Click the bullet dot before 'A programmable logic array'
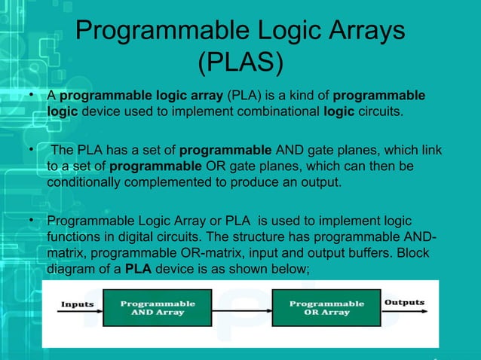coord(31,96)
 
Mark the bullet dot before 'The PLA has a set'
coord(31,148)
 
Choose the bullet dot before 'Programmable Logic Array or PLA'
coord(31,221)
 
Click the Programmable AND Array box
coord(158,309)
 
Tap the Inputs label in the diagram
coord(77,304)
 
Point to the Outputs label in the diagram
coord(404,303)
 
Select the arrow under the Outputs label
coord(405,313)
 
